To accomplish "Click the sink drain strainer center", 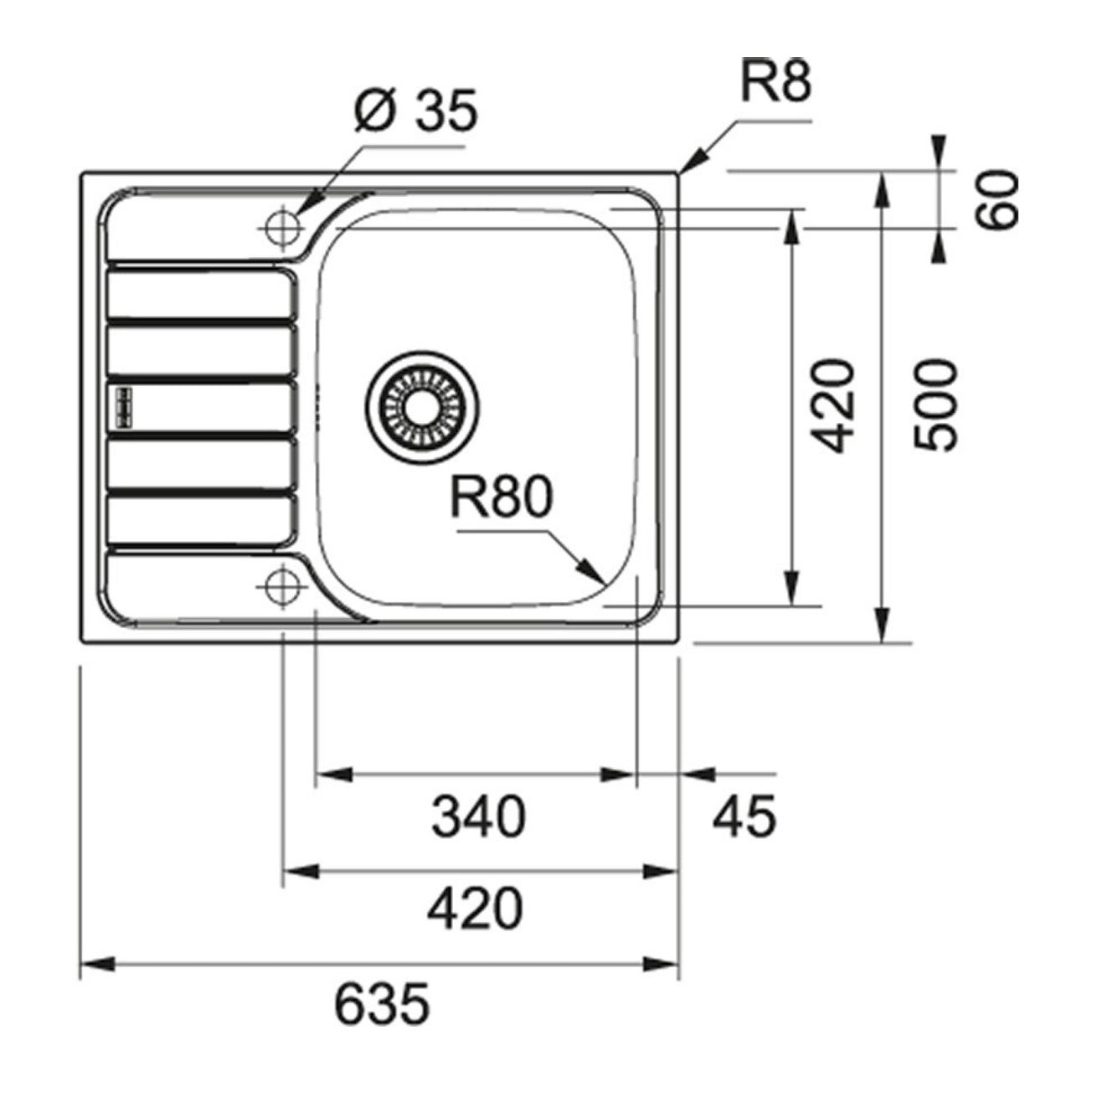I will pyautogui.click(x=423, y=406).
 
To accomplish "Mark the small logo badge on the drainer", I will pyautogui.click(x=124, y=404).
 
